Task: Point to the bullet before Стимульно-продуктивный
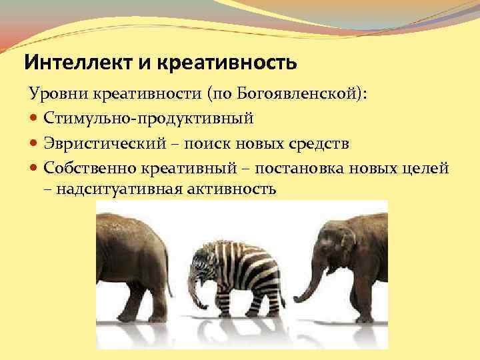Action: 34,119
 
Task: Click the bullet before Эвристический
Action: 34,143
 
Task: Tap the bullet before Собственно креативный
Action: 34,167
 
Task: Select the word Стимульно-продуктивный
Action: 149,119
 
